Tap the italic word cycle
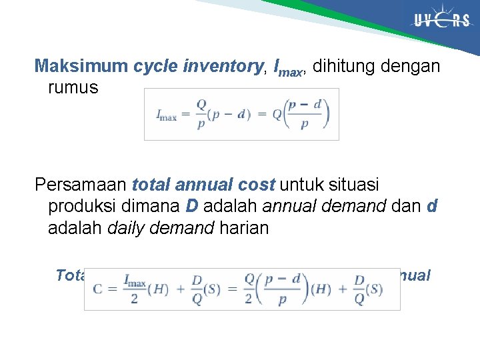click(x=153, y=66)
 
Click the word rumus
click(x=73, y=87)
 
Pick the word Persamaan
click(x=81, y=184)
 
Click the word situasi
click(x=361, y=184)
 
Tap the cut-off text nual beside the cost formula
click(x=416, y=275)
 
